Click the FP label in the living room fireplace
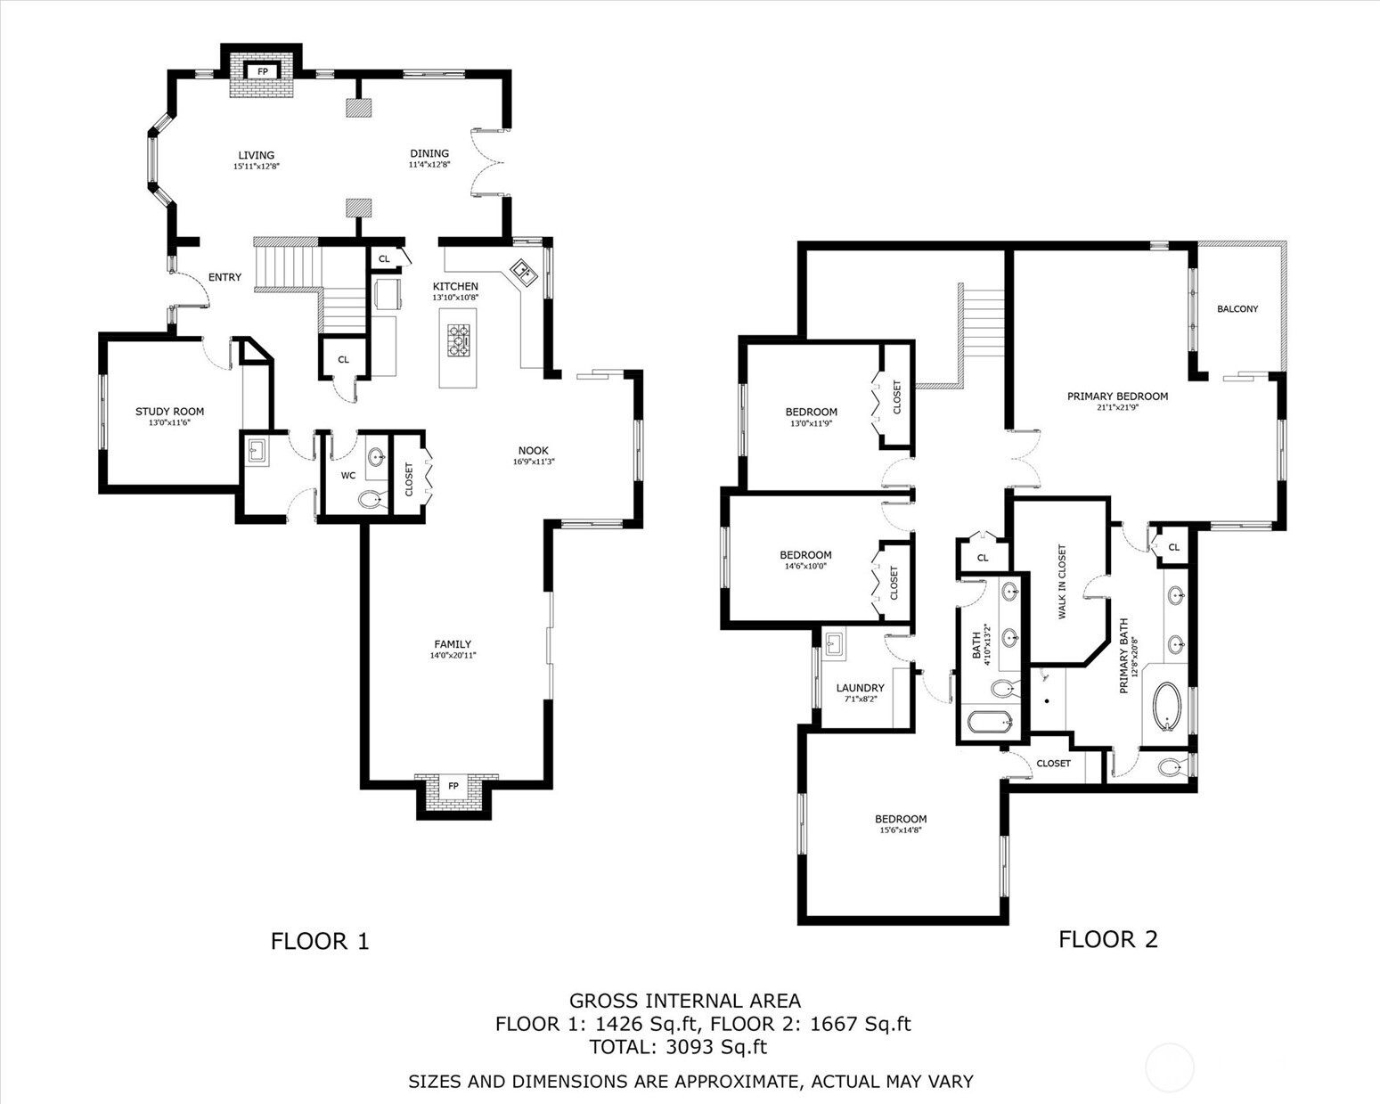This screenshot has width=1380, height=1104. [x=262, y=71]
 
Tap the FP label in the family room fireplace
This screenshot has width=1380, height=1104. [x=453, y=786]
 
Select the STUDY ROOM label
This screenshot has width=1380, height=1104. [x=169, y=412]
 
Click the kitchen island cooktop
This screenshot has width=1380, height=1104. [x=458, y=339]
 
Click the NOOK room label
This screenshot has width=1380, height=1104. [x=534, y=451]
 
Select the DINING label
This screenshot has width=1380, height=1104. [x=429, y=153]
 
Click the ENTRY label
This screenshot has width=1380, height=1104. [x=225, y=277]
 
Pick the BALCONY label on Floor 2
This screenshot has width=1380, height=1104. [x=1237, y=309]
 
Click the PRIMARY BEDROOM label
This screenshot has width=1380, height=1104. [x=1117, y=397]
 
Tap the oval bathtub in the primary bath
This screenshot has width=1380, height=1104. [x=1166, y=707]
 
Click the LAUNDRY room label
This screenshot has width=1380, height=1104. [x=860, y=688]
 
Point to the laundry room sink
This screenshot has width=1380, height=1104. [x=834, y=643]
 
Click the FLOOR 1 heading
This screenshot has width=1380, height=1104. [x=320, y=941]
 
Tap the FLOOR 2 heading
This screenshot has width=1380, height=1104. [x=1107, y=939]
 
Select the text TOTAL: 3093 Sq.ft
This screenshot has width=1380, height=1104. [x=678, y=1047]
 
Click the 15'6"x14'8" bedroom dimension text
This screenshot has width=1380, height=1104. [x=900, y=830]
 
